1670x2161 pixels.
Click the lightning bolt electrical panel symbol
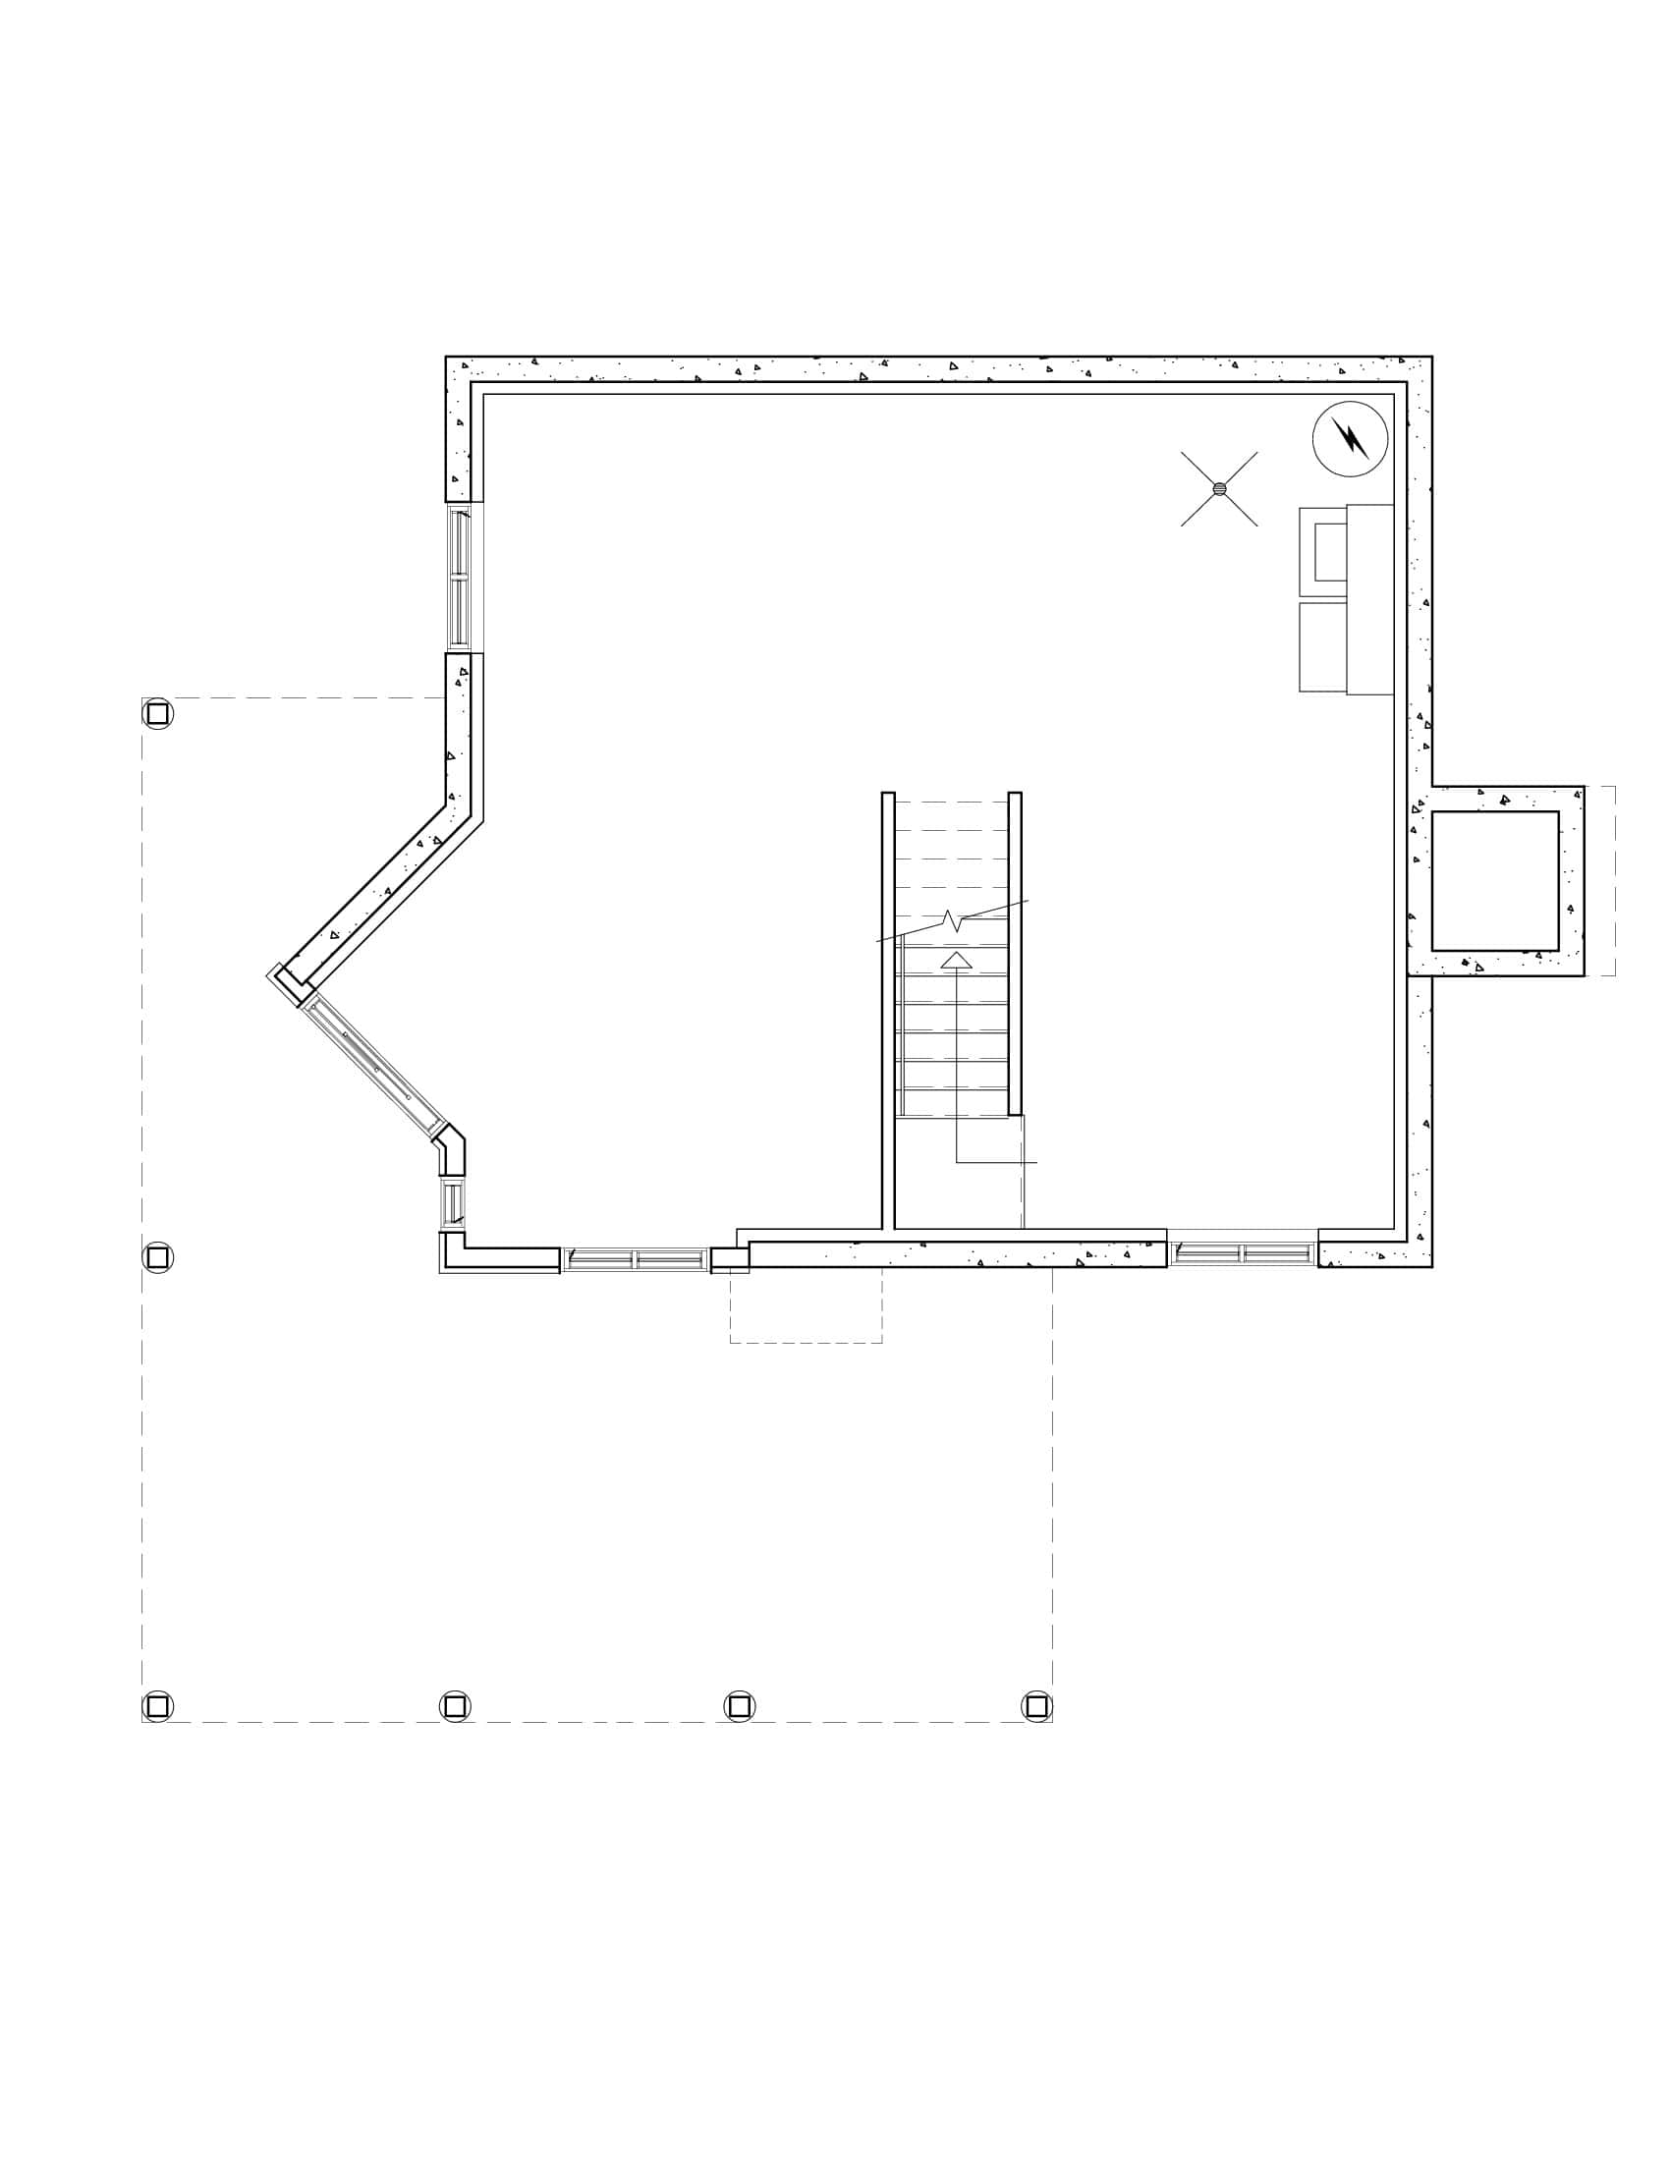coord(1350,438)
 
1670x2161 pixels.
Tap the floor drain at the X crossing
coord(1219,489)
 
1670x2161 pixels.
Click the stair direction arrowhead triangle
coord(956,960)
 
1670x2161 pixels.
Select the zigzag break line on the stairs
coord(952,921)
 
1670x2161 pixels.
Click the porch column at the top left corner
coord(157,713)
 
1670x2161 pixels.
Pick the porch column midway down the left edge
coord(157,1257)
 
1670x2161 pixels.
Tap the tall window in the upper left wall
coord(459,578)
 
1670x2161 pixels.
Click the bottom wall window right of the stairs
coord(1243,1253)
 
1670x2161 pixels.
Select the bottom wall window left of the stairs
coord(636,1259)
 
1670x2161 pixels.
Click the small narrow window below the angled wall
coord(452,1203)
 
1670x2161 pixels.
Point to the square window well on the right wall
coord(1494,881)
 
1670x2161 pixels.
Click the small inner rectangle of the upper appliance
coord(1330,551)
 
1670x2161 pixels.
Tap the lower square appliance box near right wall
coord(1323,647)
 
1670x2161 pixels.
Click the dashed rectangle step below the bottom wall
coord(806,1307)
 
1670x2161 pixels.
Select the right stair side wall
coord(1014,953)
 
